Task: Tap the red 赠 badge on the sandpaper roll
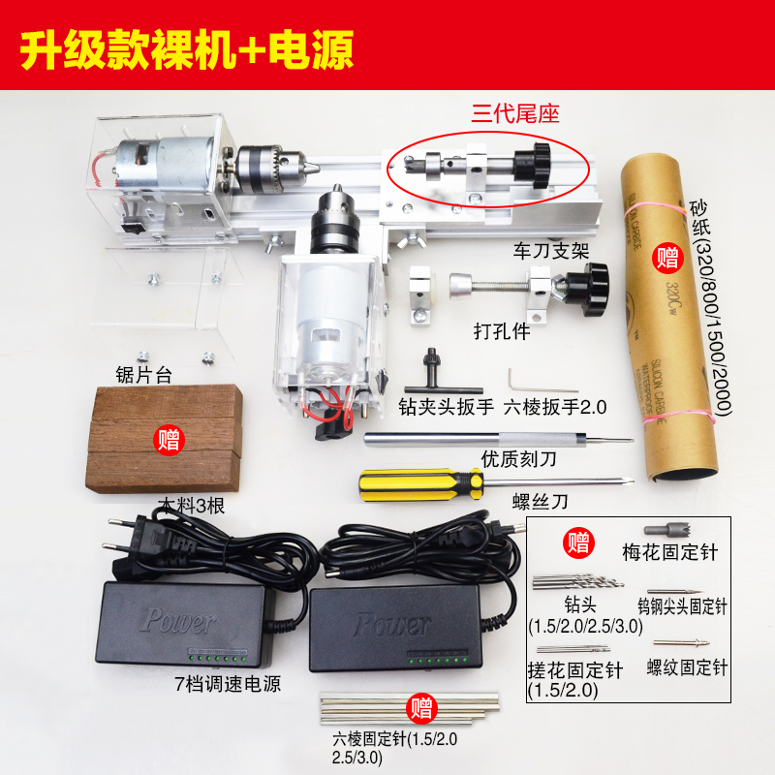(x=666, y=257)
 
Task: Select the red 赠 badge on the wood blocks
(x=170, y=442)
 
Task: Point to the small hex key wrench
(x=519, y=376)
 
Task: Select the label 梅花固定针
(x=669, y=552)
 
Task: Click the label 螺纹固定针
(x=687, y=667)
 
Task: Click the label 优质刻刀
(x=517, y=458)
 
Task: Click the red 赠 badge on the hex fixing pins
(x=421, y=706)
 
